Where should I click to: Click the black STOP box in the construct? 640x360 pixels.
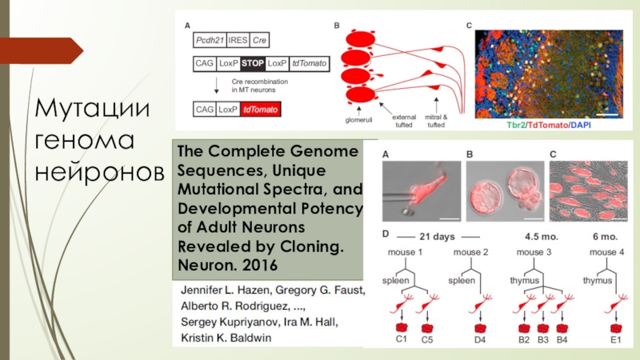click(x=253, y=61)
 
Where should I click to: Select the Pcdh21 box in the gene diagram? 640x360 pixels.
click(x=210, y=39)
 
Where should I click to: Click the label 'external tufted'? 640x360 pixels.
click(x=399, y=118)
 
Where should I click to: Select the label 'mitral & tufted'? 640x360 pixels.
click(x=438, y=118)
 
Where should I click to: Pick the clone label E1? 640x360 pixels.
click(x=616, y=338)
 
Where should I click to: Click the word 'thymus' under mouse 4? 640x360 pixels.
click(x=597, y=281)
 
